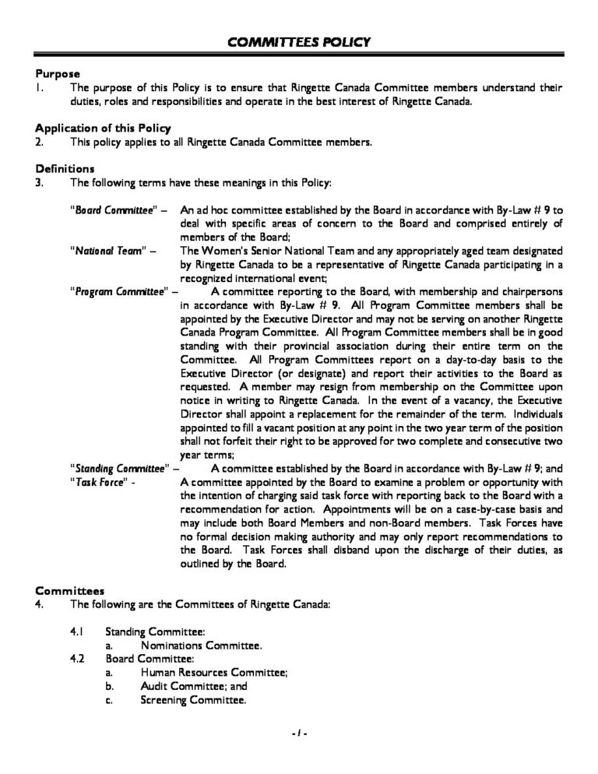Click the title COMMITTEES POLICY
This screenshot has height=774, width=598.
(299, 41)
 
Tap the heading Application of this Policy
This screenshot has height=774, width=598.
(104, 128)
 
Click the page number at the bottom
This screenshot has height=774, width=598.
(299, 734)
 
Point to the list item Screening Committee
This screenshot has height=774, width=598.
(193, 699)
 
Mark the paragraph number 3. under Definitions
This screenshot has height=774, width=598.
(40, 183)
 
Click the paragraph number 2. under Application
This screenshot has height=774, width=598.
(40, 142)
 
